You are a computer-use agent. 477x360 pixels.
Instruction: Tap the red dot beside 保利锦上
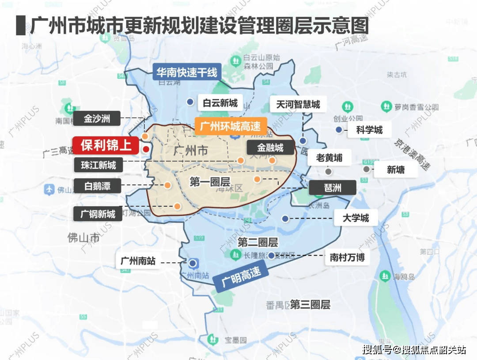(146, 149)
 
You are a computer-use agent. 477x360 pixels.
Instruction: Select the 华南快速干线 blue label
(187, 72)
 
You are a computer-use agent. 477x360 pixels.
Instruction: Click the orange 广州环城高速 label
(231, 126)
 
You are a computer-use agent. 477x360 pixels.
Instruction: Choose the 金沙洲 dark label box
(97, 118)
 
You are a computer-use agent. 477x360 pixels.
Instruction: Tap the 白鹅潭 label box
(97, 186)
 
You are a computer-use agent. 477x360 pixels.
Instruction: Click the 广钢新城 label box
(98, 214)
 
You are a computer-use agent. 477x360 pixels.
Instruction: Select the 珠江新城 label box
(98, 165)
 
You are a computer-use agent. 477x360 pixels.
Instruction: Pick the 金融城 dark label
(270, 148)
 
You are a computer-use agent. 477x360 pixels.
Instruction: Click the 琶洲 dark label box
(332, 187)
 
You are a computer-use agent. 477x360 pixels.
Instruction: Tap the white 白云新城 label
(220, 103)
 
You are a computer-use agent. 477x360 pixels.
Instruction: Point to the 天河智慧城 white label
(298, 105)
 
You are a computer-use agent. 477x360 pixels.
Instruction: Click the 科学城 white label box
(369, 130)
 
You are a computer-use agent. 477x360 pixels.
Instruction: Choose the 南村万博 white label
(347, 257)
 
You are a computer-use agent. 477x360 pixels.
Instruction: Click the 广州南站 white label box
(138, 261)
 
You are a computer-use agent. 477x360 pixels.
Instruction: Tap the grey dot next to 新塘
(366, 169)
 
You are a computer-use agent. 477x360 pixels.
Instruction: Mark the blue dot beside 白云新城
(190, 102)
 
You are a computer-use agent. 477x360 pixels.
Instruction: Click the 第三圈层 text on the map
(310, 305)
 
